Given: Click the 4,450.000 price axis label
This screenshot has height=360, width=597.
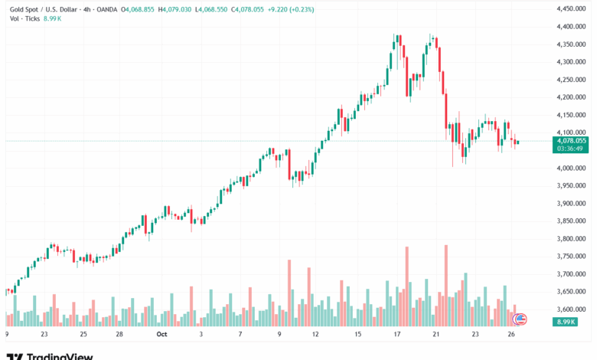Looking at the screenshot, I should pos(571,9).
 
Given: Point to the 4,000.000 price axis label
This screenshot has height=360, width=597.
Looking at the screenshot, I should pos(571,168).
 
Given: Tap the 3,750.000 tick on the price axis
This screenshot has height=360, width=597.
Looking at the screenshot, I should pos(571,257).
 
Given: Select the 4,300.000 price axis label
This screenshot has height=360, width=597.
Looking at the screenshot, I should pos(571,62).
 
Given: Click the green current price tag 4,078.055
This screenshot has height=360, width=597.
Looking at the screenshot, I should pos(571,141).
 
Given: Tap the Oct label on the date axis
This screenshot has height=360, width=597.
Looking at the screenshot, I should pos(161,335).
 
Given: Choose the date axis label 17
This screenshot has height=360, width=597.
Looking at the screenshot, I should pos(396,335).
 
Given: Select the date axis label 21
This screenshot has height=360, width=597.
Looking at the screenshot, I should pos(435,335).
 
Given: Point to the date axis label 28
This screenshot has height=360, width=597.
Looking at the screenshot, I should pos(119,335).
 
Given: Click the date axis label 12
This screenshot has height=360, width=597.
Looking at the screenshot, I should pos(315,335).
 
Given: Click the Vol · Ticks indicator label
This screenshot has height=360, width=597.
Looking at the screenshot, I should pos(21,18).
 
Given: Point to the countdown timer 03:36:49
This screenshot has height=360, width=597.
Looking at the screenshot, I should pos(571,148).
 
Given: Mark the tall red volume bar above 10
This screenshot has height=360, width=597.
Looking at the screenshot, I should pos(289,295).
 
